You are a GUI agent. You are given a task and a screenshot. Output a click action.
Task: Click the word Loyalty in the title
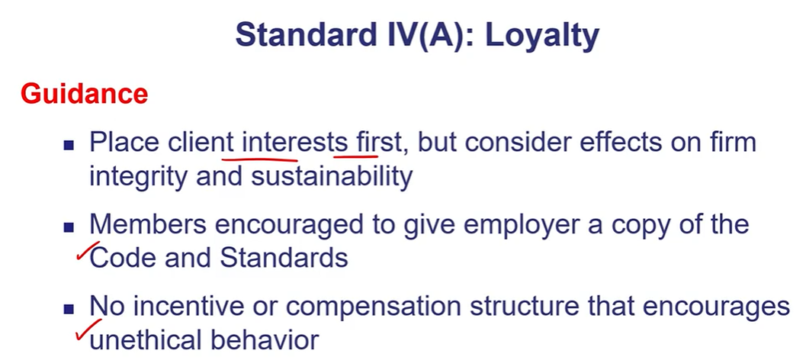tap(542, 36)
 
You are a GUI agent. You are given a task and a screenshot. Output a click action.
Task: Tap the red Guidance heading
tap(85, 94)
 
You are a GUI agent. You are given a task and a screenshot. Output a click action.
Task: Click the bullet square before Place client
tap(69, 146)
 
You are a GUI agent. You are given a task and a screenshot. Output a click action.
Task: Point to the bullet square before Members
tap(69, 228)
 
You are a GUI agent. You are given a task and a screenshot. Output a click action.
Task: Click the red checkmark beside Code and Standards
tap(88, 251)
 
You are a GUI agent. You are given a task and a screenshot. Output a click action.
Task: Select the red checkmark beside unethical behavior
tap(88, 329)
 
